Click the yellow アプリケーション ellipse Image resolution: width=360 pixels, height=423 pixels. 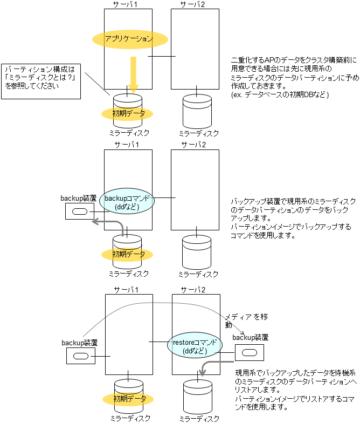[x=130, y=39]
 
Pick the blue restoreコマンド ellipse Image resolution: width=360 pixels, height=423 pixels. [x=194, y=346]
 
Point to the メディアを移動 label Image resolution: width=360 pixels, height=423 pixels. [x=239, y=320]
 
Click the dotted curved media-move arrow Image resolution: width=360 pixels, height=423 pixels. [x=162, y=310]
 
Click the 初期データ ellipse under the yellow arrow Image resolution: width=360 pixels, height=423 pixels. [x=128, y=113]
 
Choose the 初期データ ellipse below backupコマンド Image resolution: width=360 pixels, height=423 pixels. [x=128, y=254]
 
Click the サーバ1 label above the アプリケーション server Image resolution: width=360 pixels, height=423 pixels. [x=128, y=4]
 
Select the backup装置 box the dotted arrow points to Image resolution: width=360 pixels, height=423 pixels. [x=250, y=352]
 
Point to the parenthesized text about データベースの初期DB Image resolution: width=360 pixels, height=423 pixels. [x=279, y=94]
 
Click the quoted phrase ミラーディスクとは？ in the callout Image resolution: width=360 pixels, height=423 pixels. [x=41, y=78]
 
